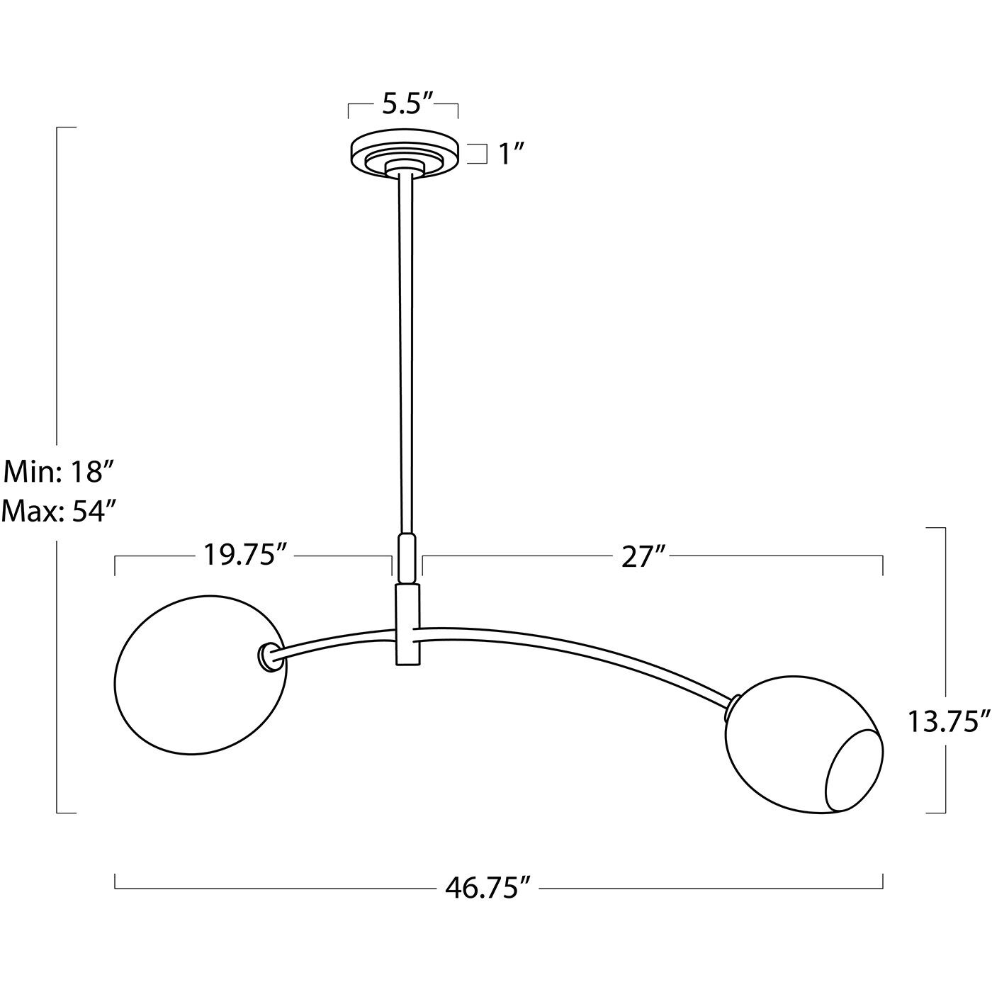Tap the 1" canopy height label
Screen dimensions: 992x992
(511, 154)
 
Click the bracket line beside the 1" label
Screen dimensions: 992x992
(485, 154)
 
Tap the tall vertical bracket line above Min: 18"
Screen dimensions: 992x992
(57, 283)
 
